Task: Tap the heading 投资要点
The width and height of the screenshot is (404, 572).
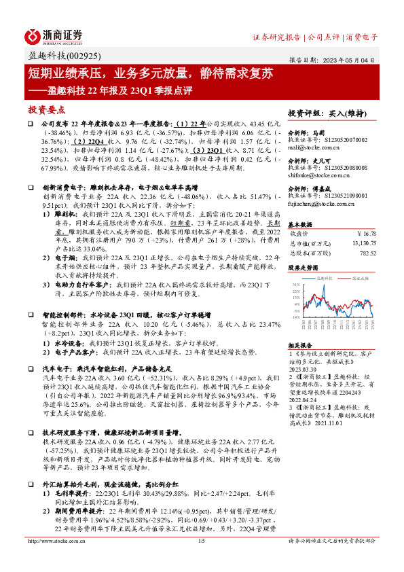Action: pos(46,109)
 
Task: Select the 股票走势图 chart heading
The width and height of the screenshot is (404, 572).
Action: pos(302,268)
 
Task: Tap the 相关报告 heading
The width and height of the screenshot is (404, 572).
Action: pos(299,344)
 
